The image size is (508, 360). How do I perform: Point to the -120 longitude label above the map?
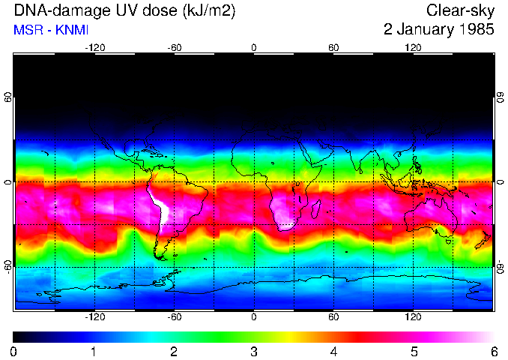tap(94, 47)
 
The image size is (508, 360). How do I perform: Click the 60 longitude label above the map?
tap(333, 47)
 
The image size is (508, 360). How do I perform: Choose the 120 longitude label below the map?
tap(413, 317)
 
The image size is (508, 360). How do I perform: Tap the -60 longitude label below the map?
tap(174, 317)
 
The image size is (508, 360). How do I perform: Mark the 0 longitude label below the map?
tap(254, 317)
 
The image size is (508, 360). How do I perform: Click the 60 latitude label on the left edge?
tap(7, 97)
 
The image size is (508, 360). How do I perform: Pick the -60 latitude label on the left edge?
tap(7, 266)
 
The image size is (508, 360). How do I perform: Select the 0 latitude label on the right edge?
tap(500, 182)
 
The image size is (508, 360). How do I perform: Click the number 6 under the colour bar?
tap(493, 351)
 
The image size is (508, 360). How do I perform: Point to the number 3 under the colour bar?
tap(253, 351)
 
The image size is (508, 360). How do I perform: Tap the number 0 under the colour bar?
tap(14, 351)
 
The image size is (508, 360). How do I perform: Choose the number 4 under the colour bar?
tap(333, 351)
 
